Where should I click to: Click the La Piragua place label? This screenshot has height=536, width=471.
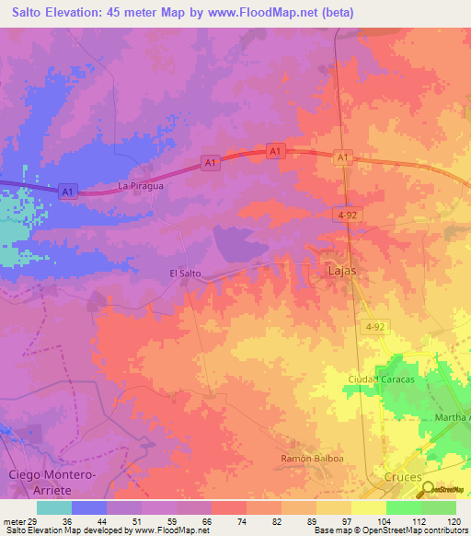(x=141, y=186)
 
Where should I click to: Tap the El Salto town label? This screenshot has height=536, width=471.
(x=185, y=274)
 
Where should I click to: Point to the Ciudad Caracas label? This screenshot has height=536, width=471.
(x=382, y=379)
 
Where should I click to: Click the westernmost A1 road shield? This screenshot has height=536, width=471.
(x=66, y=192)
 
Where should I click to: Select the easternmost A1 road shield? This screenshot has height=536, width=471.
(x=343, y=158)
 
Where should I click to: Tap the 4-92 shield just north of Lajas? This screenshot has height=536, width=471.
(x=346, y=214)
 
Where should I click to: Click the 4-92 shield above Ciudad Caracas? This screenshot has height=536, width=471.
(x=374, y=327)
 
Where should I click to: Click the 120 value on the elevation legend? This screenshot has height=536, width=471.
(x=454, y=521)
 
